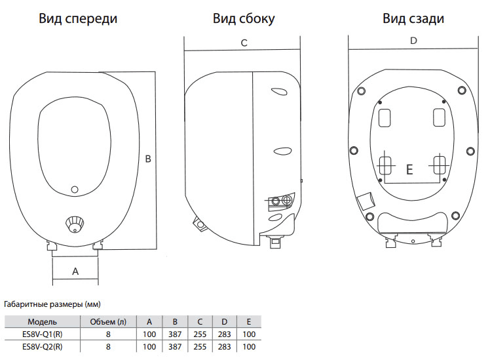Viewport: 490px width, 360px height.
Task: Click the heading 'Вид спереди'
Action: (x=78, y=18)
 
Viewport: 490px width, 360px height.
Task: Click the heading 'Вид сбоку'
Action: (x=244, y=18)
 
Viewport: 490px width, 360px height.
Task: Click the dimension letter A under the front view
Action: (x=75, y=270)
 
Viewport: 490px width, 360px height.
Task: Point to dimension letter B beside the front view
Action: (x=148, y=159)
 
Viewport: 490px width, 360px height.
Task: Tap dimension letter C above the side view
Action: (x=244, y=43)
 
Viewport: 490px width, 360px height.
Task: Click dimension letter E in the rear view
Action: (x=409, y=170)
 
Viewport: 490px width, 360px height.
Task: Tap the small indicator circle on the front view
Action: (x=74, y=190)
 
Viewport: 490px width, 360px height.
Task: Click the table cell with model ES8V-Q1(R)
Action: (x=43, y=334)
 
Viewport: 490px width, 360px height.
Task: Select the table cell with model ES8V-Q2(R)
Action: (x=43, y=346)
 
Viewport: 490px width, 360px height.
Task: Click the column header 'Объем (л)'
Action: (x=108, y=322)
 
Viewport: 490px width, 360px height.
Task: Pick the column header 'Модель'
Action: (x=43, y=322)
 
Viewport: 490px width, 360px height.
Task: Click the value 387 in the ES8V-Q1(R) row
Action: (x=174, y=334)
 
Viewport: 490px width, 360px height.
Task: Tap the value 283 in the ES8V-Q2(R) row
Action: (x=224, y=346)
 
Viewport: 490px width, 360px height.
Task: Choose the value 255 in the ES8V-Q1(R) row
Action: (x=199, y=334)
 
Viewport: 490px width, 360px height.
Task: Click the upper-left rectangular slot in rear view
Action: (x=386, y=117)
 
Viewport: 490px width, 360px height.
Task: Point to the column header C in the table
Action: (x=199, y=322)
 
